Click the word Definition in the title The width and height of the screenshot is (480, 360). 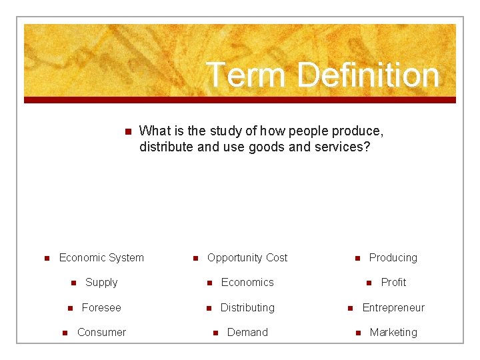[369, 75]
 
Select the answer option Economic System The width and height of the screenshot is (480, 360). [101, 257]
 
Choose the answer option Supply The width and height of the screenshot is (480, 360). [101, 282]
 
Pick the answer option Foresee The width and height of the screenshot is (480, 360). [101, 307]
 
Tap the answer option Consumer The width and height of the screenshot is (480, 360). [101, 332]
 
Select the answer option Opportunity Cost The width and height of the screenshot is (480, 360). [247, 257]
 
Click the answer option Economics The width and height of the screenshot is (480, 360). [247, 282]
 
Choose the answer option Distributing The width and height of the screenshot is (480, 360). [247, 307]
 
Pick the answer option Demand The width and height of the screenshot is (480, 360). [247, 332]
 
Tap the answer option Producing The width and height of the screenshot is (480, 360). [393, 257]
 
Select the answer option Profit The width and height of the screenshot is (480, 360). [393, 282]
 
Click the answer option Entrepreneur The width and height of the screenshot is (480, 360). [393, 307]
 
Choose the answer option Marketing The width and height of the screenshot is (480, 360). [393, 332]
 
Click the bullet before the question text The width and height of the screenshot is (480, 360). [128, 131]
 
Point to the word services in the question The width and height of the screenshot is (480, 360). [341, 147]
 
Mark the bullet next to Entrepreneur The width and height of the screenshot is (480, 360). [350, 308]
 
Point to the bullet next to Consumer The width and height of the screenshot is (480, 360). [65, 333]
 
